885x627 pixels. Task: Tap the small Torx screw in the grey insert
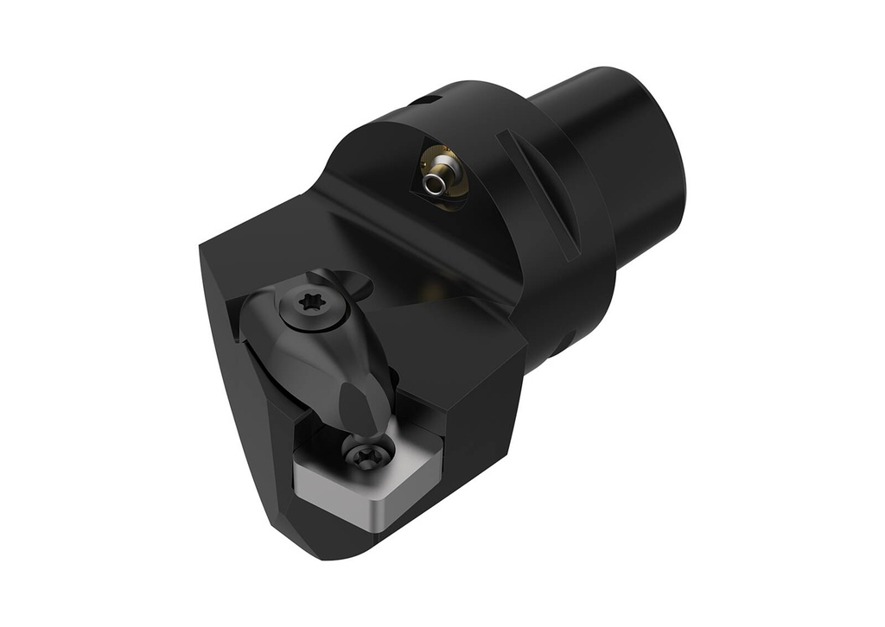(x=367, y=453)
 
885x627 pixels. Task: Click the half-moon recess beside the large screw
(x=355, y=282)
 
